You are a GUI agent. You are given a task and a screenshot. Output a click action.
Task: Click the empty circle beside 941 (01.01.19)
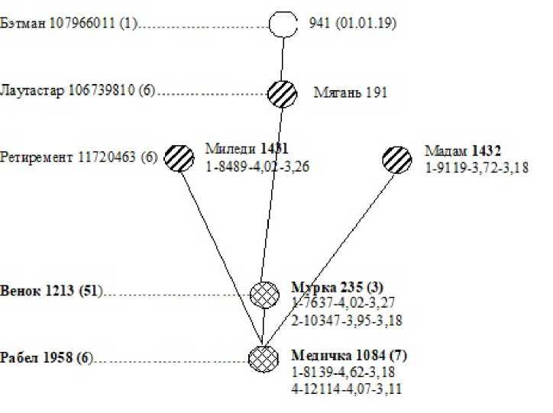(283, 23)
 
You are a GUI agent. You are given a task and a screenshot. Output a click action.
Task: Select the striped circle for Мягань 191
(282, 92)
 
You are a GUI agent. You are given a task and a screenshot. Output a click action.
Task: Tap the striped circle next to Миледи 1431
(180, 158)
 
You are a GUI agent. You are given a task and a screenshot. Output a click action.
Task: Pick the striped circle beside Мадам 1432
(396, 160)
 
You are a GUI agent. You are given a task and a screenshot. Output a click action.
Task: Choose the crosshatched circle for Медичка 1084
(263, 357)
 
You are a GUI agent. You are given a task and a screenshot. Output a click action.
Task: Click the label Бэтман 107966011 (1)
(69, 23)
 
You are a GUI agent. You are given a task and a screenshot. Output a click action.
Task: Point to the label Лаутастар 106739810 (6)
(78, 92)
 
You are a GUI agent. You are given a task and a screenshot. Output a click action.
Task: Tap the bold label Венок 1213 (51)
(50, 292)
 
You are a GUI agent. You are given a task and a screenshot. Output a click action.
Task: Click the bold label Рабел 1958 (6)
(46, 357)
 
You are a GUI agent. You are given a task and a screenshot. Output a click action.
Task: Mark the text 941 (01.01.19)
(352, 23)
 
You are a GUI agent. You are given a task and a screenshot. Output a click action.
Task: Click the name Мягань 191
(351, 93)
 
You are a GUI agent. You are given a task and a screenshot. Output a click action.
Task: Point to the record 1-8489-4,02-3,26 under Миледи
(256, 163)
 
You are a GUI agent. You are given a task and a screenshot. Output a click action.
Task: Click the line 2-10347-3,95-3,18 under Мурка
(347, 321)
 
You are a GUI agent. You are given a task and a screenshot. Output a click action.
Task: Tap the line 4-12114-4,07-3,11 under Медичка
(347, 389)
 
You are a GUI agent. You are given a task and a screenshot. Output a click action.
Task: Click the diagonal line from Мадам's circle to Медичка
(329, 259)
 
